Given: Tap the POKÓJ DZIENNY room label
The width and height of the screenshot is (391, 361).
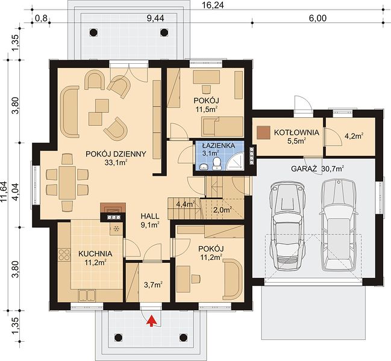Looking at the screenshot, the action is (116, 154).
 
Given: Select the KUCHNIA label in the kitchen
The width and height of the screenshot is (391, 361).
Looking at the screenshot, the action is (95, 254).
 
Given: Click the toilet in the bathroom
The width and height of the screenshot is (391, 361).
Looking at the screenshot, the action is (216, 164).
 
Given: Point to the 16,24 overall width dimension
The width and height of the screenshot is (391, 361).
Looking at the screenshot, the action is (213, 5).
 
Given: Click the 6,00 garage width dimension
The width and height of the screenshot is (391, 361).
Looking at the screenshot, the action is (317, 18).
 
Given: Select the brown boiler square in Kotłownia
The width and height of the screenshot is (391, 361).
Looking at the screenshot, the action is (264, 132).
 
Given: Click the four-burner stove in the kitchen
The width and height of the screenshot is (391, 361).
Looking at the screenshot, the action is (64, 255).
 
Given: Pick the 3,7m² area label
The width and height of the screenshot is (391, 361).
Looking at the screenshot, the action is (154, 285).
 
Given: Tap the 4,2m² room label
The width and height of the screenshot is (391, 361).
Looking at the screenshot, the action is (354, 136).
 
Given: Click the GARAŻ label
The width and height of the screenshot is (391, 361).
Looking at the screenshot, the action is (304, 168).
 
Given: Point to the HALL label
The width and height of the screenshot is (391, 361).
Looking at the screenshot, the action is (149, 216).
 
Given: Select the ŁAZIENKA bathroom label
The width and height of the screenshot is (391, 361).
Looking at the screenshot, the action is (219, 146).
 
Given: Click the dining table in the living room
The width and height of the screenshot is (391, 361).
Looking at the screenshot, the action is (67, 182).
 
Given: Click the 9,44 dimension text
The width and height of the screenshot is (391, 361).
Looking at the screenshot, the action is (155, 18).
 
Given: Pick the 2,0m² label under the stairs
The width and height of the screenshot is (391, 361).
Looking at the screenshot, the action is (222, 210).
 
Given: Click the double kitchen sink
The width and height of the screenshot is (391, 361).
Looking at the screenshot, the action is (87, 295).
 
